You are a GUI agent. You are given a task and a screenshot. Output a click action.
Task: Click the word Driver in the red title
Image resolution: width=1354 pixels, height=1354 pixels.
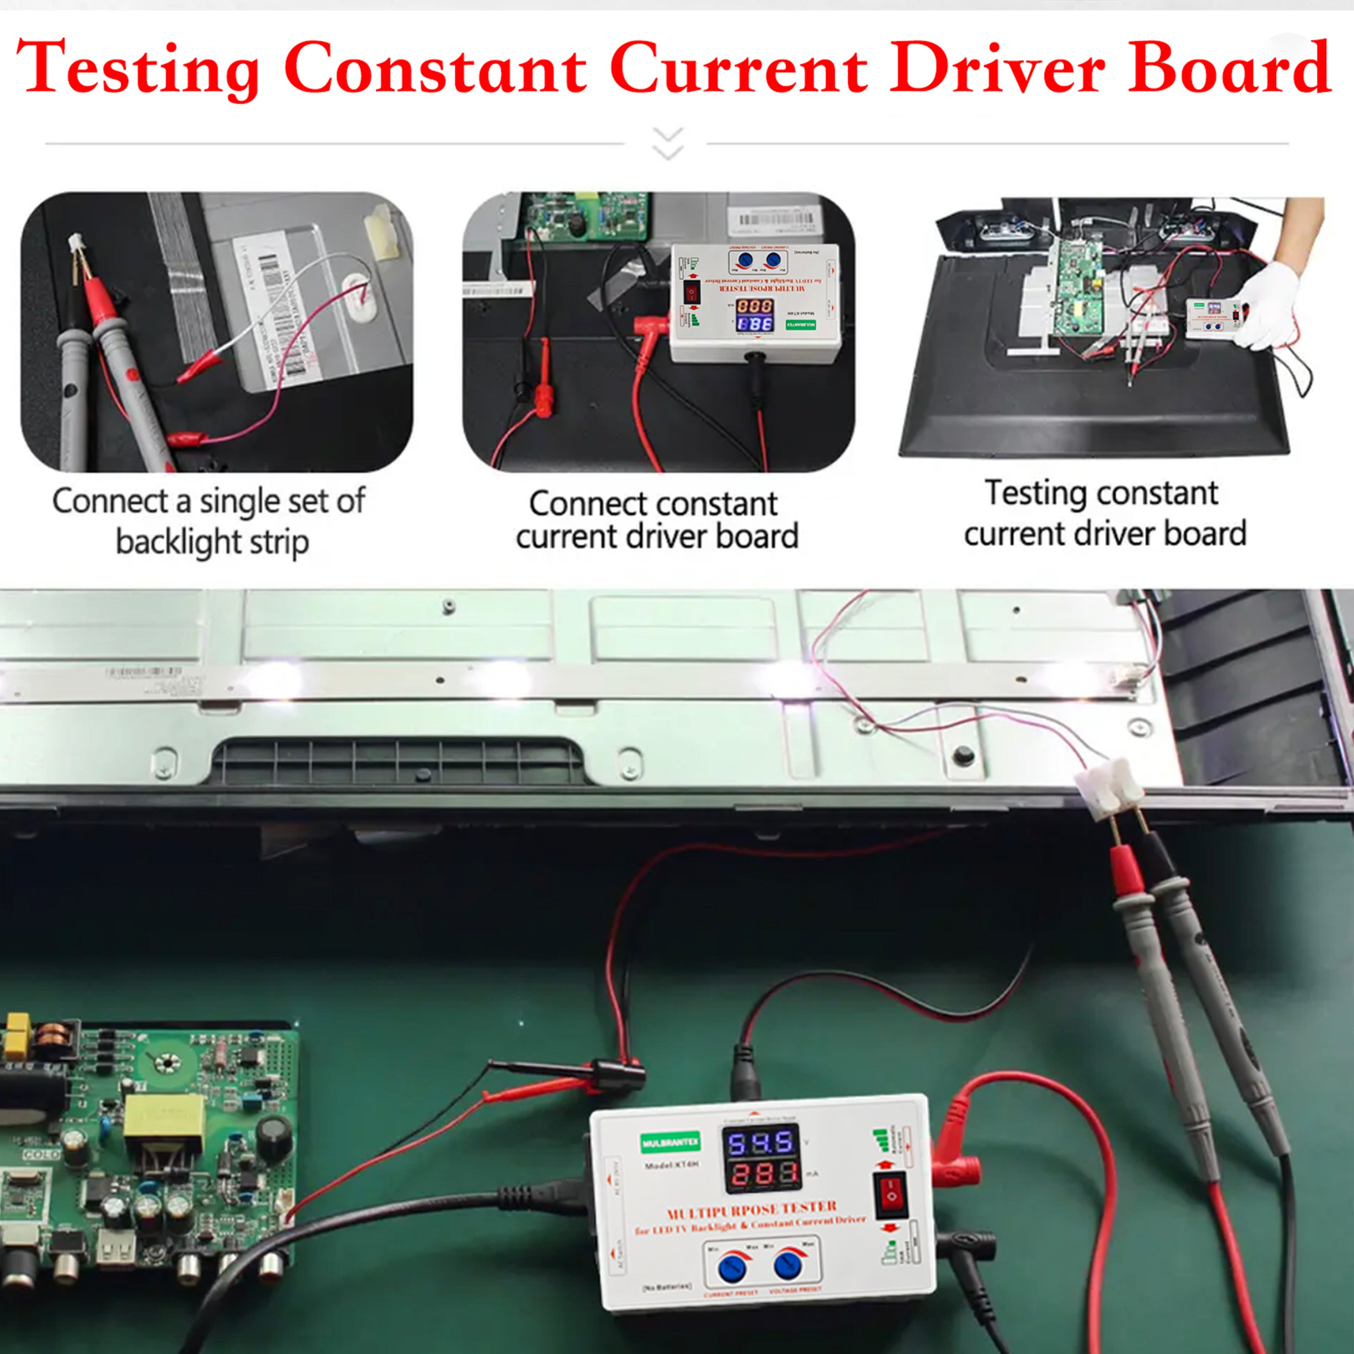[996, 69]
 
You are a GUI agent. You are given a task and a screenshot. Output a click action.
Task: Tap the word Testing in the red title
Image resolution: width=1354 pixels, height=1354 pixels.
[138, 69]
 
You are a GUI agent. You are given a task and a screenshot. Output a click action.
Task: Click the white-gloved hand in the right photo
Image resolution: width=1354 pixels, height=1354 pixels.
[1267, 308]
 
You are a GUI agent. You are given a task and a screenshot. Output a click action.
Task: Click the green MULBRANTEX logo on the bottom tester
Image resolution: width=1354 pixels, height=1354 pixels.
[670, 1144]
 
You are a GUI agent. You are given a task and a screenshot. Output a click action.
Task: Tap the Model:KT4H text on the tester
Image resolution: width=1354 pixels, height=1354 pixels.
[672, 1165]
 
